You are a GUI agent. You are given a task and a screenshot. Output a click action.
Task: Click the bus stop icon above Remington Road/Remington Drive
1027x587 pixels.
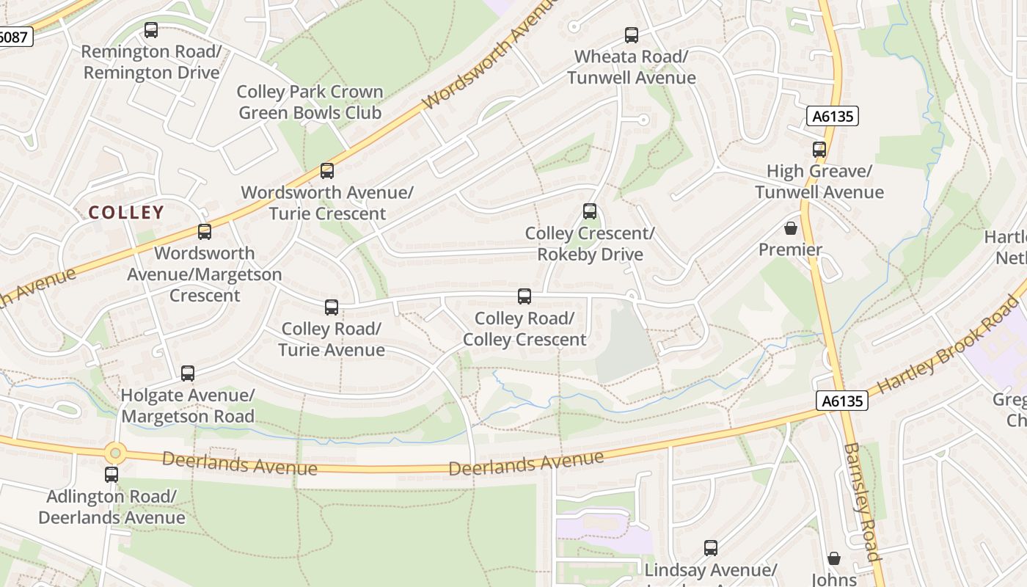tap(151, 30)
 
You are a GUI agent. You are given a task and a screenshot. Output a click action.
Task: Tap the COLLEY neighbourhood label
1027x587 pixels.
tap(126, 213)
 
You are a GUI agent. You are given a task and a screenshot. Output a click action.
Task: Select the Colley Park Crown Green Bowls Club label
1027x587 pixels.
tap(310, 102)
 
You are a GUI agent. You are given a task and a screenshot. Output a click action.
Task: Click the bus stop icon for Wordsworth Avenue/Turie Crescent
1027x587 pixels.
tap(327, 171)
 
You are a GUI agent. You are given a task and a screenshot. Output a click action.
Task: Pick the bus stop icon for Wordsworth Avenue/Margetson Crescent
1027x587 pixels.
tap(205, 232)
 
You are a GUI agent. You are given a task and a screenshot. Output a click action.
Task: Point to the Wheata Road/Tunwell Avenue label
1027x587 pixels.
tap(631, 67)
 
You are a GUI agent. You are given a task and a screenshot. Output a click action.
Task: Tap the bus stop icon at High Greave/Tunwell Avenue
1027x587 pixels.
tap(819, 150)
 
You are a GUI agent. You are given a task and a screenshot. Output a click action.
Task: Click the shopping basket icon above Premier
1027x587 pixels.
tap(791, 228)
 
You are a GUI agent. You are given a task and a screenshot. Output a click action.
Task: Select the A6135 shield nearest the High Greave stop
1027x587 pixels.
tap(833, 116)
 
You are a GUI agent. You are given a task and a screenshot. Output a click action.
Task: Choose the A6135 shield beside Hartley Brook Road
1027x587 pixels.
tap(842, 401)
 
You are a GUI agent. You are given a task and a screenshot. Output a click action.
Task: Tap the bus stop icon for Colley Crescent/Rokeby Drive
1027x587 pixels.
tap(590, 211)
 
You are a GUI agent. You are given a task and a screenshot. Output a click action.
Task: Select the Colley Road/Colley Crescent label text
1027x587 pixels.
tap(525, 329)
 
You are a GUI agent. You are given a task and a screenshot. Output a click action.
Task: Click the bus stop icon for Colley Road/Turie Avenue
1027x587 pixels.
tap(332, 307)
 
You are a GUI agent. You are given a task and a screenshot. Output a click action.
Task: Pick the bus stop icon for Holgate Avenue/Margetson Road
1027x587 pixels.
tap(188, 373)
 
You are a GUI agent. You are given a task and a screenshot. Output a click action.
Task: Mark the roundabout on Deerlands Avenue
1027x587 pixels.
tap(115, 453)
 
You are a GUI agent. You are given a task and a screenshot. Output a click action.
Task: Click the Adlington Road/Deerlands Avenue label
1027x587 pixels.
tap(112, 507)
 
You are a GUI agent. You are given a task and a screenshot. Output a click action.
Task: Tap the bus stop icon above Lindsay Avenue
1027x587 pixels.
tap(711, 547)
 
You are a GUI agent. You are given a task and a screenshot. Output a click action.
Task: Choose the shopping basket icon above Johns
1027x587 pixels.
tap(834, 558)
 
